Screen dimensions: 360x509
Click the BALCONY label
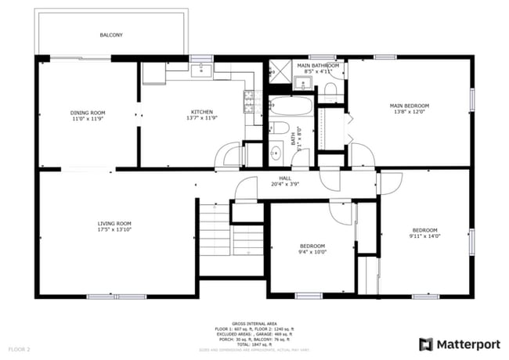(x=110, y=35)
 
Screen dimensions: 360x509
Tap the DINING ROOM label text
(x=88, y=113)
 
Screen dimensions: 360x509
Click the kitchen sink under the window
(x=202, y=70)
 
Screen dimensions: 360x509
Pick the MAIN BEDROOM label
(x=410, y=106)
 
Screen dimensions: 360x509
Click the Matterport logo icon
(x=425, y=343)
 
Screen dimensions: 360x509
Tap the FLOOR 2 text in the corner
(x=19, y=348)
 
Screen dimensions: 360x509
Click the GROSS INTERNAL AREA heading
(x=254, y=322)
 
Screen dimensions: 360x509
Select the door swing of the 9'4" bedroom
(x=341, y=210)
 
